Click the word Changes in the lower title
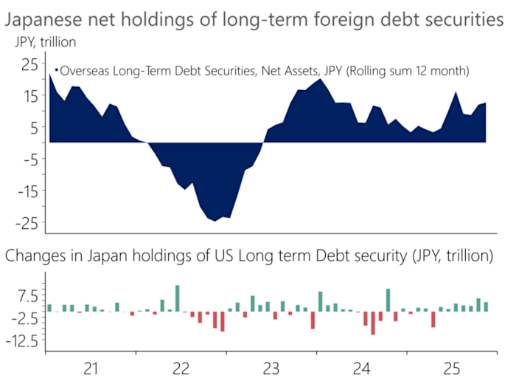(35, 256)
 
